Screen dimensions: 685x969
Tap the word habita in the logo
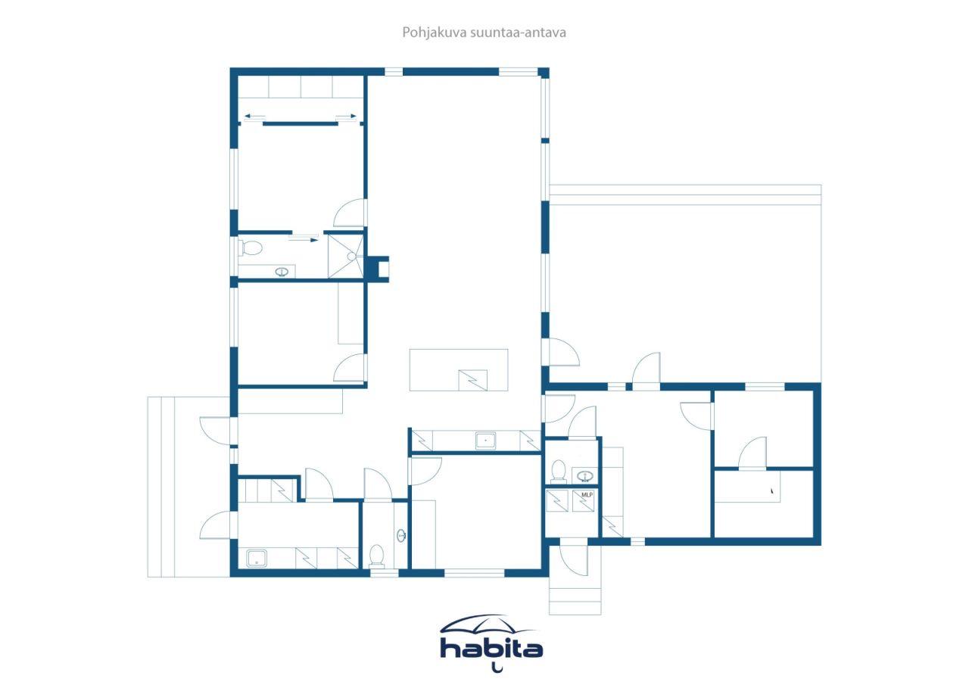tap(492, 649)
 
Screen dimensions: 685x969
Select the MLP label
tap(587, 495)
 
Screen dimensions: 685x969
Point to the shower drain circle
tap(351, 257)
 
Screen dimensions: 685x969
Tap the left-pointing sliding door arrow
tap(254, 117)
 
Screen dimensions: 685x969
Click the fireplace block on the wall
tap(377, 268)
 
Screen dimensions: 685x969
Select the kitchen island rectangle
tap(459, 369)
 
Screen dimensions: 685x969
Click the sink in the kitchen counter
tap(485, 440)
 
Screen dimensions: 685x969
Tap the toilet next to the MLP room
tap(559, 471)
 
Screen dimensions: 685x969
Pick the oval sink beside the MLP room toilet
tap(584, 476)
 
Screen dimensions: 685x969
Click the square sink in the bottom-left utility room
tap(257, 559)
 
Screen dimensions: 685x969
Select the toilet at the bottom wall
tap(376, 557)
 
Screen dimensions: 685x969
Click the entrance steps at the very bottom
tap(575, 602)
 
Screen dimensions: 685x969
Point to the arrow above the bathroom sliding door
tap(304, 238)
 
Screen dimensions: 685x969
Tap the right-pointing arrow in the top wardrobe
tap(346, 117)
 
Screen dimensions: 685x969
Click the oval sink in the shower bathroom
tap(284, 272)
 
